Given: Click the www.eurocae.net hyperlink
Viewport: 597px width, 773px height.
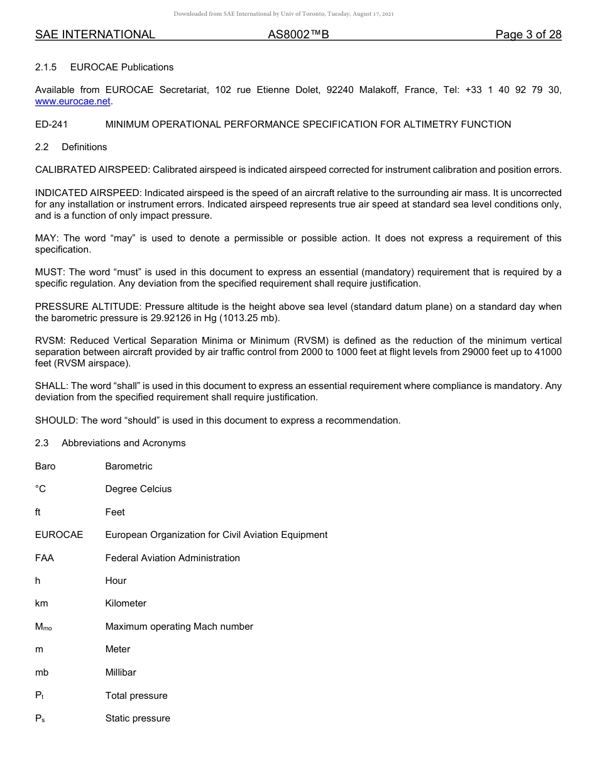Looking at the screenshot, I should click(x=73, y=101).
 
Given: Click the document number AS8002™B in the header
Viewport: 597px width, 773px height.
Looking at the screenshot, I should click(x=298, y=35).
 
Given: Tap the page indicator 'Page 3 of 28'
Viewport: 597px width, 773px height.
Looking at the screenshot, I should click(x=528, y=35).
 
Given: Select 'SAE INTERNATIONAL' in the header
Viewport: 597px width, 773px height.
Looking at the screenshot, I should click(x=95, y=35).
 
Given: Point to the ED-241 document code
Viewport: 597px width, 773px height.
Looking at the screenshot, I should click(x=52, y=124).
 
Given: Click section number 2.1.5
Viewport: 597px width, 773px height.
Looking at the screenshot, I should click(x=46, y=67).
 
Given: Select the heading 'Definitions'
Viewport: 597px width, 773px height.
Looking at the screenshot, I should click(x=84, y=147).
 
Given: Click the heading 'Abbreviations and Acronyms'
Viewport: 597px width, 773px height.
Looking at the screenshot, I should click(x=123, y=443).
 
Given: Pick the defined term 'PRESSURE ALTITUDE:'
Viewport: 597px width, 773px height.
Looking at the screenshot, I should click(x=89, y=307).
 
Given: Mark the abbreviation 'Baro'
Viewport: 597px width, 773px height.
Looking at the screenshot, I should click(x=45, y=466).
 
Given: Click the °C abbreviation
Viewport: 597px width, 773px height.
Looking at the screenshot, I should click(x=41, y=489).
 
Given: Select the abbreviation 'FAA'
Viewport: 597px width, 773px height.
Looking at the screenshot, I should click(x=45, y=558).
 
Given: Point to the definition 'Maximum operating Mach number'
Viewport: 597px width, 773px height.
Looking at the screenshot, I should click(x=179, y=627).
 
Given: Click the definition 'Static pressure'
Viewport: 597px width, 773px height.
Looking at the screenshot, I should click(x=138, y=718).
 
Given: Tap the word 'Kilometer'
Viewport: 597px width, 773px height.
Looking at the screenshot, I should click(x=126, y=603).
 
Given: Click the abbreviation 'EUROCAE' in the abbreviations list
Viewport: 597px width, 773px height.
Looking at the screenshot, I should click(x=59, y=535).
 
